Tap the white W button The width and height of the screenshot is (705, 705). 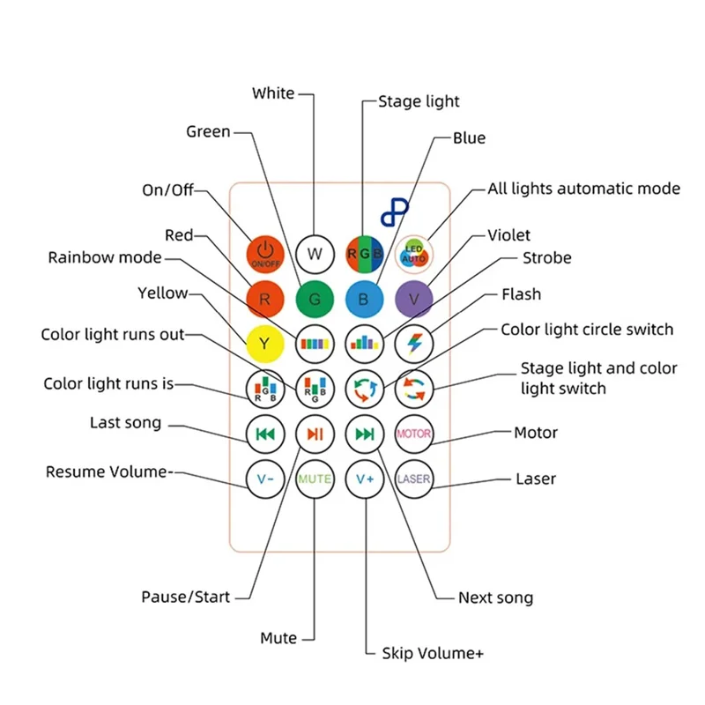click(315, 253)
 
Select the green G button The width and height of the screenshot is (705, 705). click(315, 299)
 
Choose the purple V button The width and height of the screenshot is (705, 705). click(414, 299)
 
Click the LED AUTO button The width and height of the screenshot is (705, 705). click(414, 253)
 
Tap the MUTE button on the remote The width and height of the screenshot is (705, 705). click(315, 479)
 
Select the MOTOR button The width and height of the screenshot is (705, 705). click(414, 434)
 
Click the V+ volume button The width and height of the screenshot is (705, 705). click(364, 479)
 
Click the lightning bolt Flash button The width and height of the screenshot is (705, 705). click(414, 342)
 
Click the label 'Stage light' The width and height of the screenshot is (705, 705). click(419, 101)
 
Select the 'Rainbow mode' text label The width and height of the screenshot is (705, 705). click(105, 257)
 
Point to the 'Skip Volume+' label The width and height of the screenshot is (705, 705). click(433, 653)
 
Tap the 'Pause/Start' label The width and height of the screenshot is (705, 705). click(185, 597)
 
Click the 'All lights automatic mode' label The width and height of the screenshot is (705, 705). click(583, 189)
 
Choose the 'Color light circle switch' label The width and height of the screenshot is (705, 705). click(587, 330)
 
